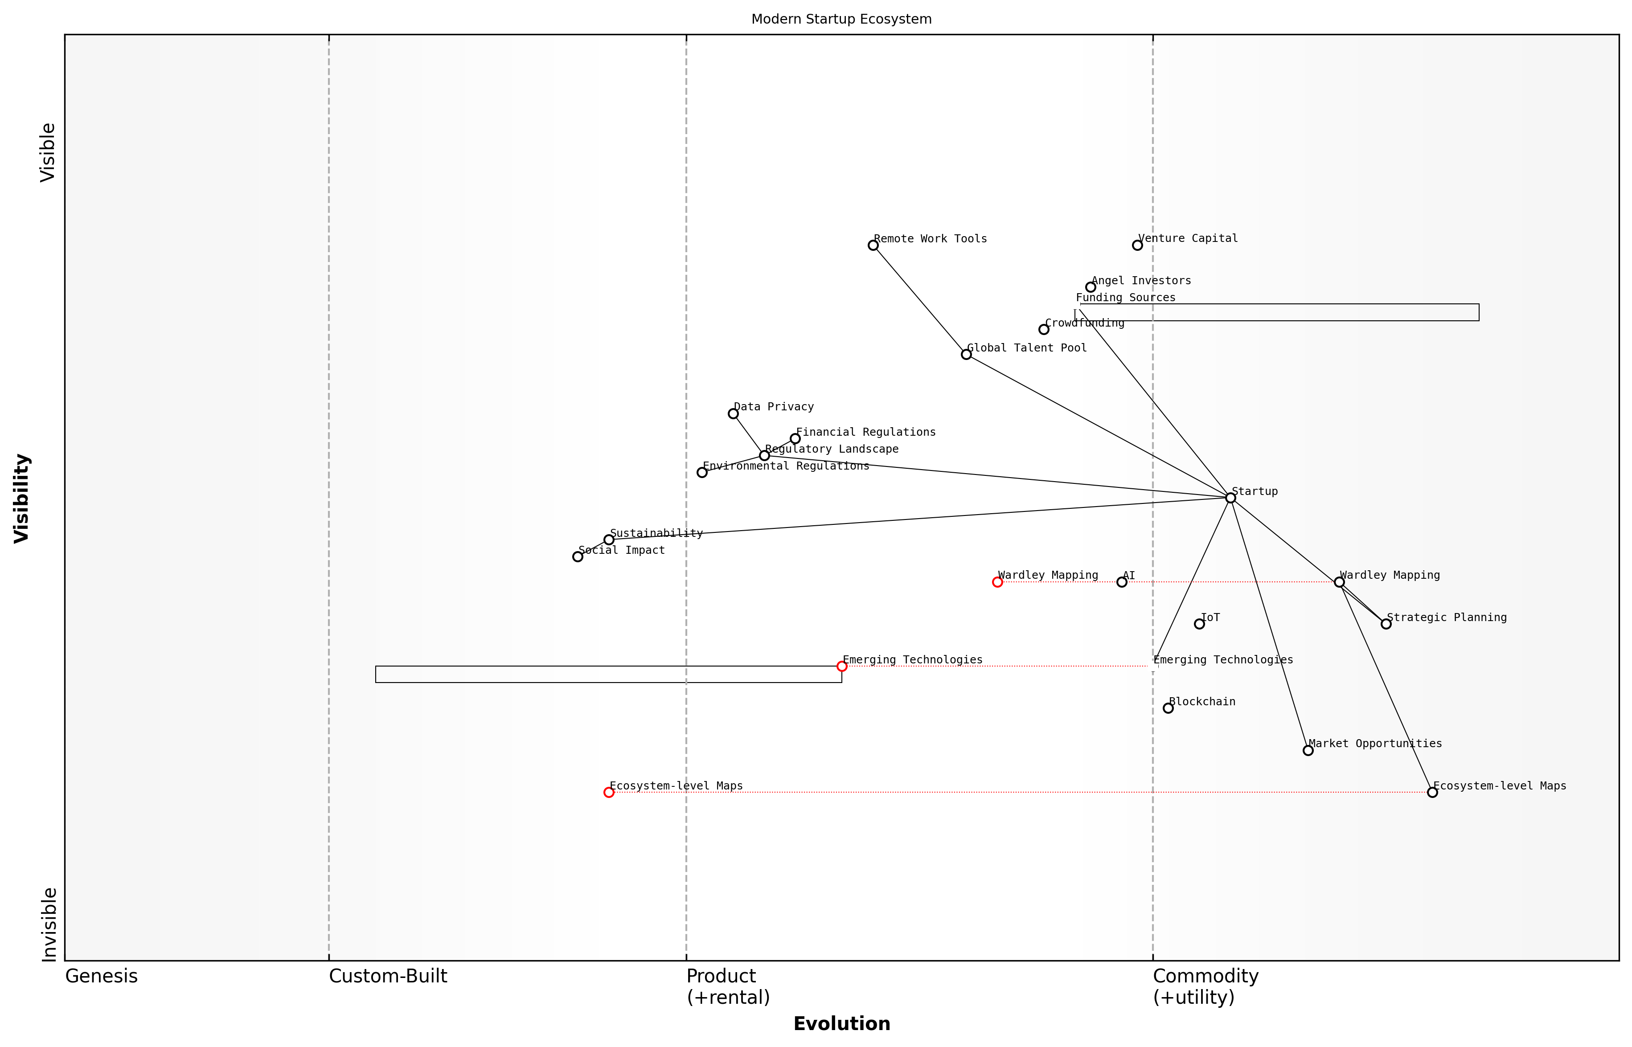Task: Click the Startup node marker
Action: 1230,498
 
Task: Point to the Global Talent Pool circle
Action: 966,354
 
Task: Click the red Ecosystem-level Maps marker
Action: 609,792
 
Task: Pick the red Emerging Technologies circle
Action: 841,666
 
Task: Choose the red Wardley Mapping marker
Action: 997,581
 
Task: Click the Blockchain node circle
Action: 1168,708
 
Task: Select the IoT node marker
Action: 1199,623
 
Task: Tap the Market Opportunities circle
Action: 1308,750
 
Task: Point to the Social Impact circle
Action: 577,556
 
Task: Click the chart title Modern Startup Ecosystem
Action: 841,19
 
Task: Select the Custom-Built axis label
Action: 388,976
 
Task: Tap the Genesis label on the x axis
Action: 101,976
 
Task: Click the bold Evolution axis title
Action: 841,1024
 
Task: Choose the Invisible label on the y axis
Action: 48,924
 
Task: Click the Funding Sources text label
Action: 1125,297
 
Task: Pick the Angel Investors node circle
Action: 1090,287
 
